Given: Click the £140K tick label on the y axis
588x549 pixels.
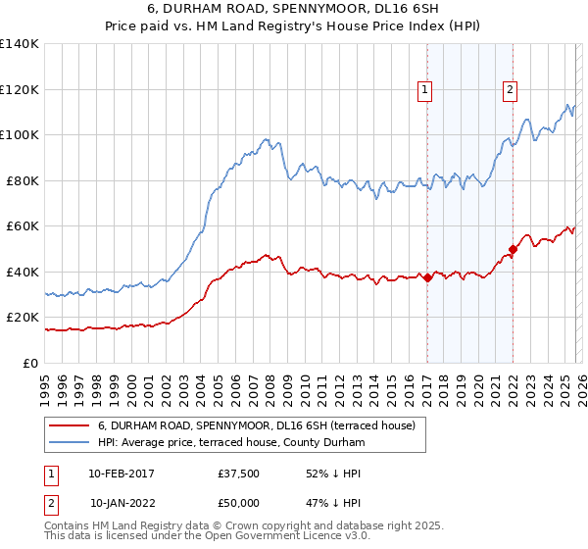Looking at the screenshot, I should click(x=20, y=44).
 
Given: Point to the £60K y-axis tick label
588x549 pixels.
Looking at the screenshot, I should click(x=23, y=225).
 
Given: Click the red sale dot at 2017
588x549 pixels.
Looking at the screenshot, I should click(x=427, y=278).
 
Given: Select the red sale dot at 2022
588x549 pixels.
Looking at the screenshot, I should click(x=513, y=250).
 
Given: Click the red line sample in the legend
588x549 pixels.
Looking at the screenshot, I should click(x=71, y=425).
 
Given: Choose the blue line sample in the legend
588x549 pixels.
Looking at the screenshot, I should click(x=71, y=442).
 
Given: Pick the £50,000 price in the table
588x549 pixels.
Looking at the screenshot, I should click(x=239, y=503).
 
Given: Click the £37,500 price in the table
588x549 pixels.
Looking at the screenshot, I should click(x=239, y=474).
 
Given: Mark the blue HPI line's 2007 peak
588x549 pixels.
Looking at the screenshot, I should click(x=266, y=139).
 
